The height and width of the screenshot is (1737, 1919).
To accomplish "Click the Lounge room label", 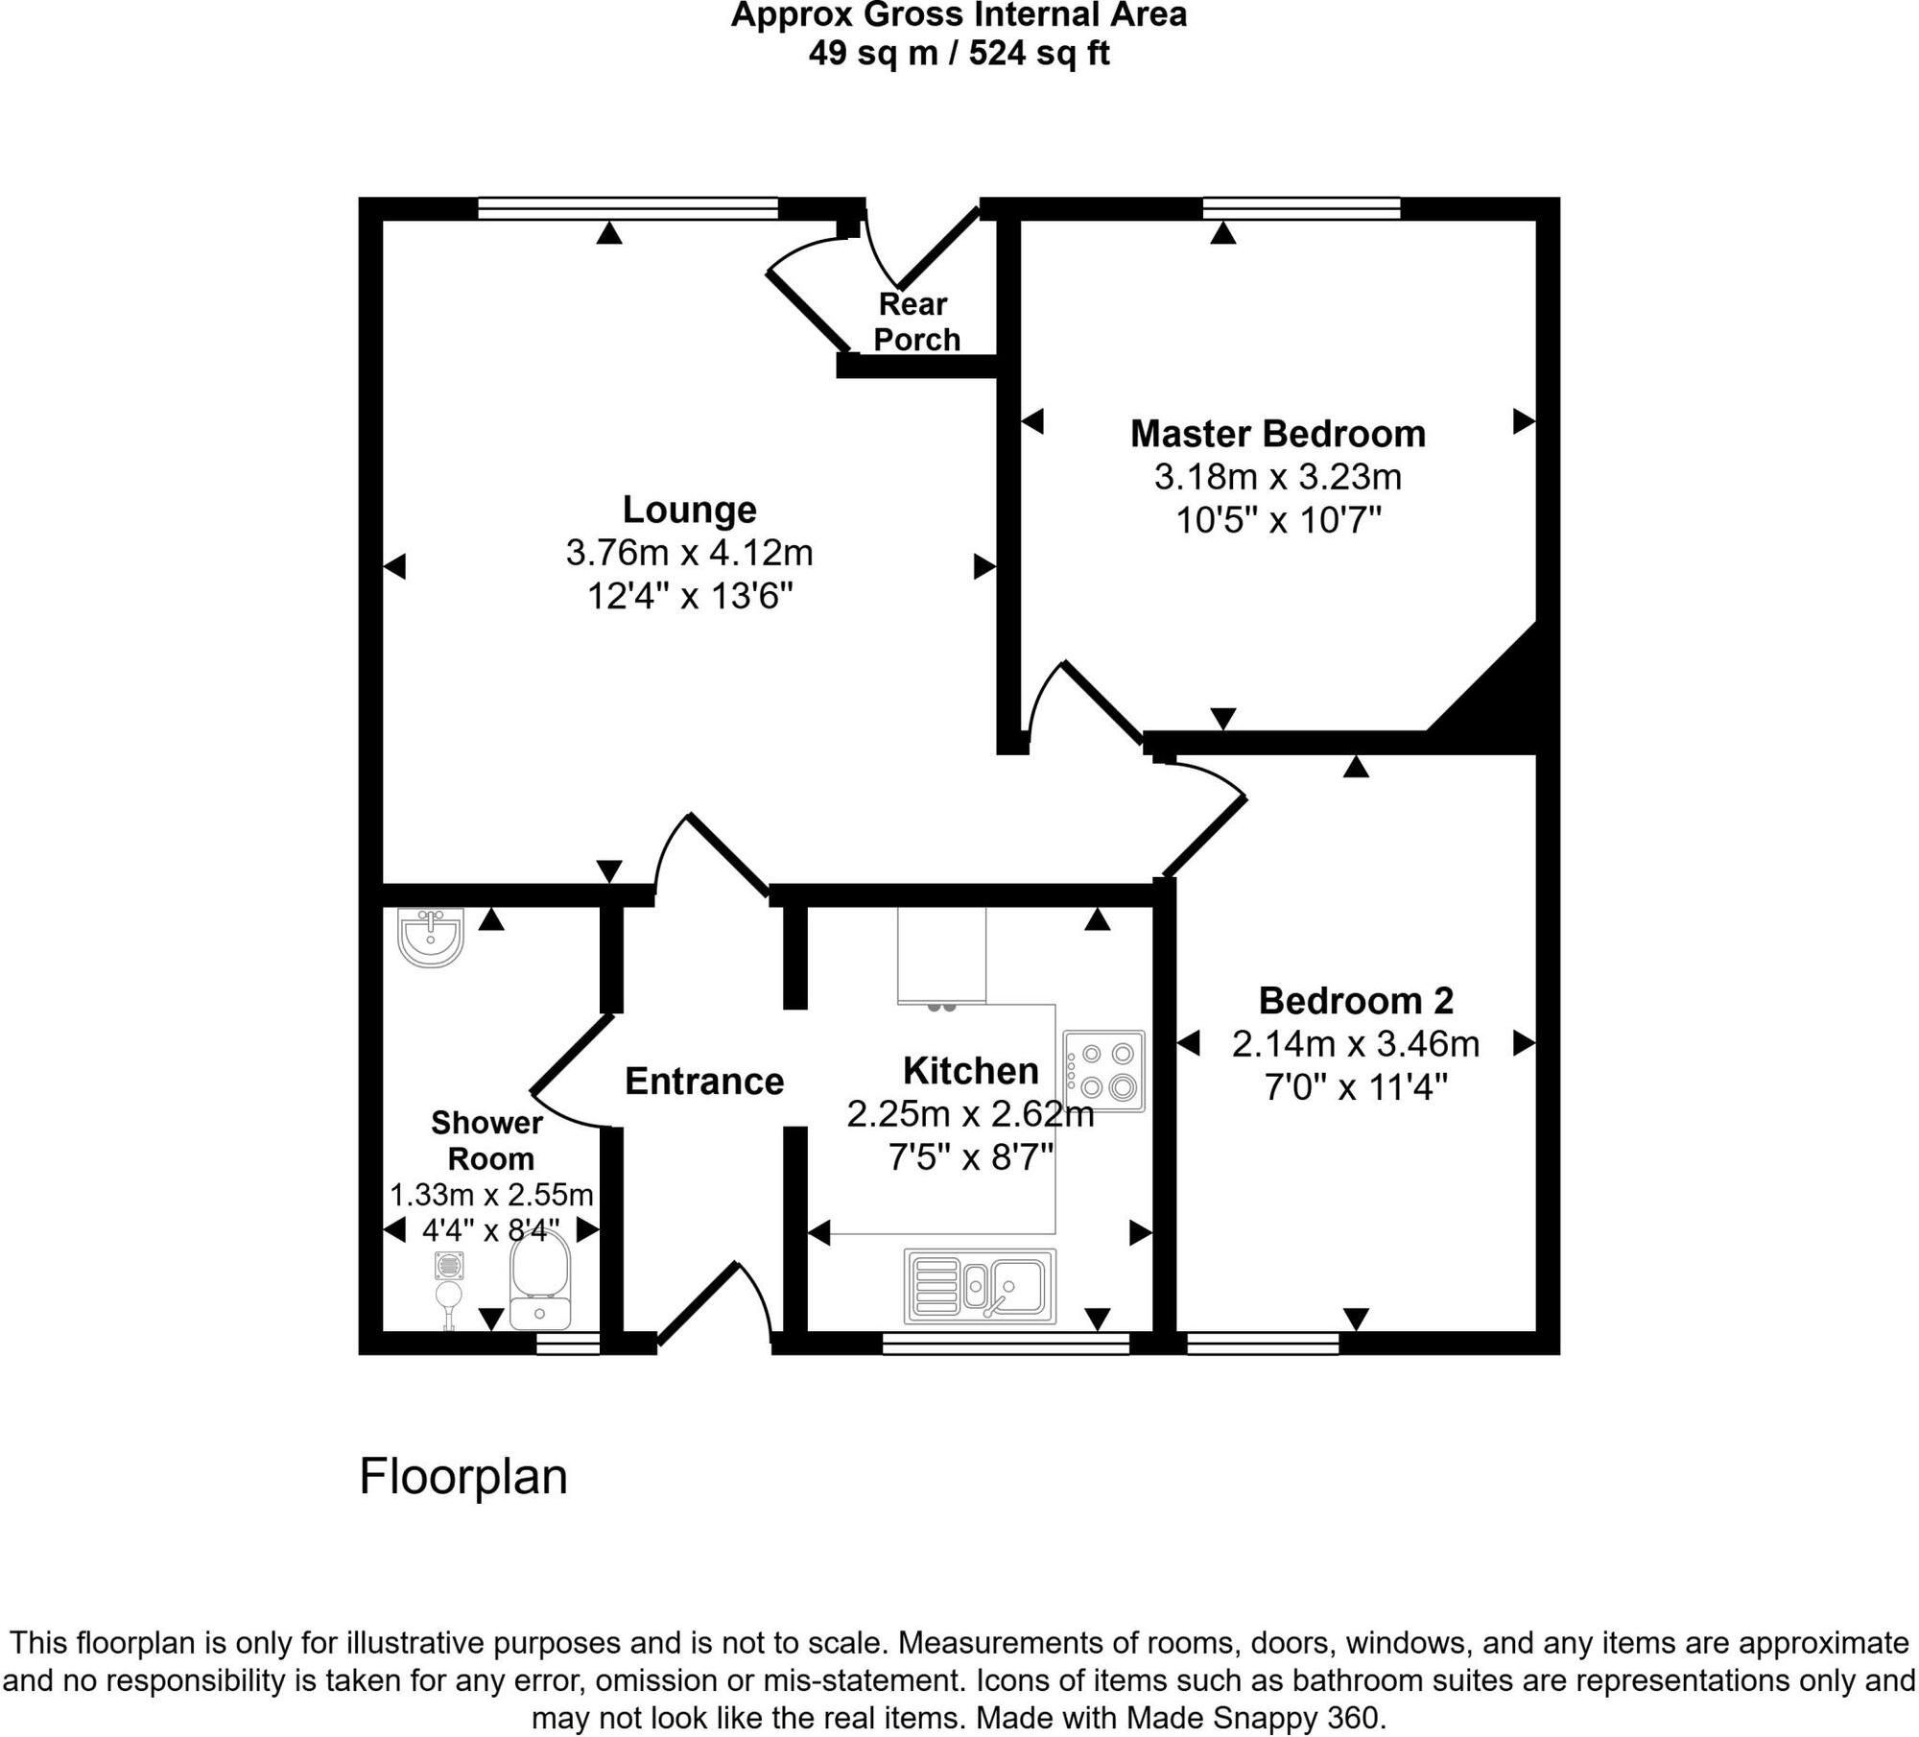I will (689, 509).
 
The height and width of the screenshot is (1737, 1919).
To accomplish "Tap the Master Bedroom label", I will (1277, 434).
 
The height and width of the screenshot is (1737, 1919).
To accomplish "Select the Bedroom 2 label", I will (1355, 1001).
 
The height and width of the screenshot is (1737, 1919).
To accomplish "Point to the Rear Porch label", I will (916, 321).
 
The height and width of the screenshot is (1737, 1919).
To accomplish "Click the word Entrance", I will (704, 1082).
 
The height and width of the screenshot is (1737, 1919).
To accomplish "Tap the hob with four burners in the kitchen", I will (1104, 1071).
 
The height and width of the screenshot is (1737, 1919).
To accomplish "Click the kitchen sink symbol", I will (980, 1285).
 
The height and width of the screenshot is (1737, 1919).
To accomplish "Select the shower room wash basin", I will (432, 938).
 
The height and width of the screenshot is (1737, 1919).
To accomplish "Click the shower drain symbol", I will (448, 1267).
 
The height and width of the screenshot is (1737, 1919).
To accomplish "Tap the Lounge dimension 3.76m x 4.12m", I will (689, 553).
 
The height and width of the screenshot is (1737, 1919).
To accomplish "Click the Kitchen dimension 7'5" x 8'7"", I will (971, 1157).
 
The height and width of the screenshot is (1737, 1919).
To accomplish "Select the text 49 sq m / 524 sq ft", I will (959, 53).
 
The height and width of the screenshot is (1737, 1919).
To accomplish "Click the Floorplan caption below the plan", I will (462, 1476).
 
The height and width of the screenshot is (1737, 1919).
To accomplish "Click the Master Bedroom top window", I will (1301, 208).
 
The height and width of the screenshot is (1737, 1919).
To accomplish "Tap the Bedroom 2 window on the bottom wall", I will (1262, 1343).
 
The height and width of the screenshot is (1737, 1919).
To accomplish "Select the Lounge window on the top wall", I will (628, 208).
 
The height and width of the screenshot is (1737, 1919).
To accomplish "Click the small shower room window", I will (567, 1344).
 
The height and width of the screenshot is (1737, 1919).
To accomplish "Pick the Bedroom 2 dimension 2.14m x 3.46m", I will (1355, 1044).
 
